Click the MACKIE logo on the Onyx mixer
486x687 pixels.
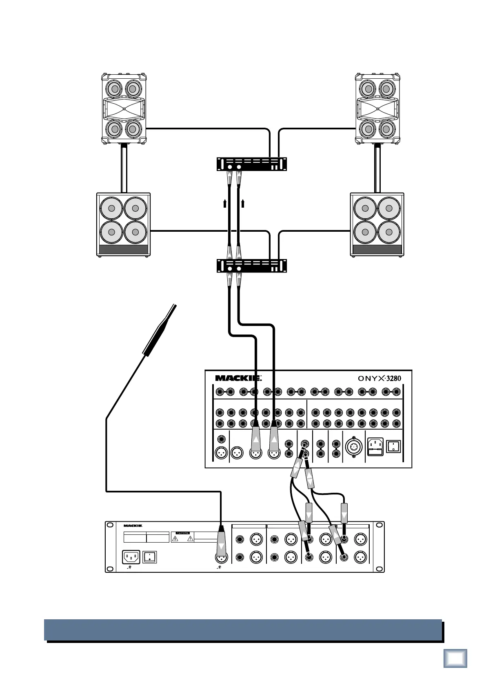[238, 378]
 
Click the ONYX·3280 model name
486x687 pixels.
[379, 378]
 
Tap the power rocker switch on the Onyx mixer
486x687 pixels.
[393, 446]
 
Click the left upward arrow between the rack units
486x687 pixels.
[225, 203]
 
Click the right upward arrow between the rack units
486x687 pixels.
[243, 203]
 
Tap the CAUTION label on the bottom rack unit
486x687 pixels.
[182, 533]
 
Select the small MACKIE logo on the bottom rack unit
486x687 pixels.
[133, 526]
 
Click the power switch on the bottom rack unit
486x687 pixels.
[150, 557]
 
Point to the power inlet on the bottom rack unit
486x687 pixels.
[131, 557]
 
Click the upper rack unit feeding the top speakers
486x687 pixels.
[251, 164]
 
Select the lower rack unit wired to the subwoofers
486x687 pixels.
[251, 266]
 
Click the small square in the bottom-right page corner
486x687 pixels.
[455, 658]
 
